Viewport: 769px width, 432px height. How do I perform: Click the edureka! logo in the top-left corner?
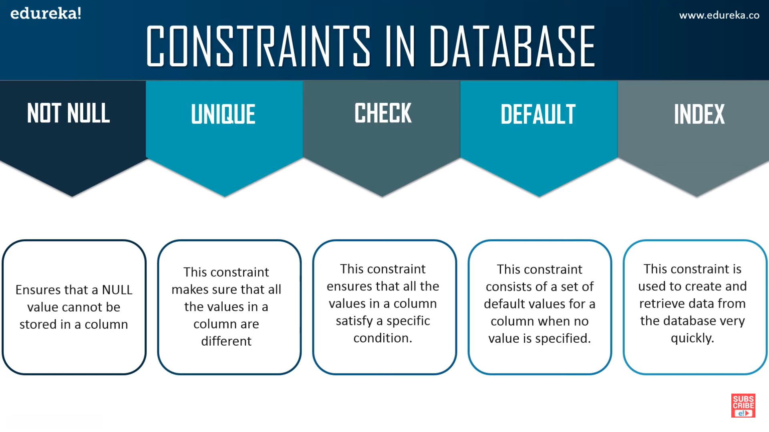click(x=46, y=13)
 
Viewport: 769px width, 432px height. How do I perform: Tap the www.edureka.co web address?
click(x=719, y=15)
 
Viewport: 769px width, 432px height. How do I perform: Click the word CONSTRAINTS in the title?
click(x=258, y=46)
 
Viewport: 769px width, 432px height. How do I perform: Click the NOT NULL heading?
click(x=68, y=113)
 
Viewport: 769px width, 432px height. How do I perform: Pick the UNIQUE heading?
click(x=223, y=114)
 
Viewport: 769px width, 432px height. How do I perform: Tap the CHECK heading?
click(x=383, y=113)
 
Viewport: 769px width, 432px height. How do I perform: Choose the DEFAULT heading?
click(x=538, y=114)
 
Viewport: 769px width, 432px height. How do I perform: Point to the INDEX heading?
click(x=699, y=114)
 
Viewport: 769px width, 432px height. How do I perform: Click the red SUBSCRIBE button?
click(x=743, y=406)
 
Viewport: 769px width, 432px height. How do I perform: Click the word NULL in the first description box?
click(x=117, y=290)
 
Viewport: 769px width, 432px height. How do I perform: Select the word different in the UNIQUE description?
click(x=226, y=341)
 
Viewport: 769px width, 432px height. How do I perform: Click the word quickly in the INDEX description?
click(x=693, y=338)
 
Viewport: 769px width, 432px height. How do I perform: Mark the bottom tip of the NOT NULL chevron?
click(x=72, y=196)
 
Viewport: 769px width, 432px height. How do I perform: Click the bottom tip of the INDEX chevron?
click(x=697, y=196)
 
